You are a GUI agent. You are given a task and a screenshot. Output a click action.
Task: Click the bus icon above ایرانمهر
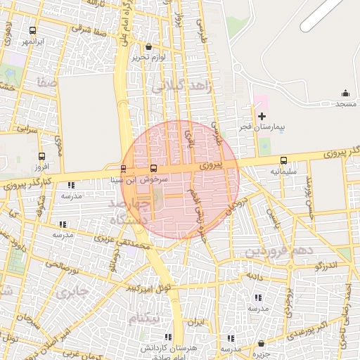pos(33,31)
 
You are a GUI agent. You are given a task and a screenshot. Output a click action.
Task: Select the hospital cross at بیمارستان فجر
pos(262,116)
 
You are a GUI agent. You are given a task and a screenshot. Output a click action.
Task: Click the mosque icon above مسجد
pos(345,94)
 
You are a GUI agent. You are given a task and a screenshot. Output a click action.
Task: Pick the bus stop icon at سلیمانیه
pos(283,160)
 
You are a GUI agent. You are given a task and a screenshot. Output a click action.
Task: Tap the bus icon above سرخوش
pos(154,169)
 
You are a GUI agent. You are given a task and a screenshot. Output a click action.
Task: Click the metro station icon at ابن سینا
pos(124,169)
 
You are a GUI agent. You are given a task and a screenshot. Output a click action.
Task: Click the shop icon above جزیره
pos(262,344)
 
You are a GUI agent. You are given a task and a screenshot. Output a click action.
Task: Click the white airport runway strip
pos(327,15)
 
